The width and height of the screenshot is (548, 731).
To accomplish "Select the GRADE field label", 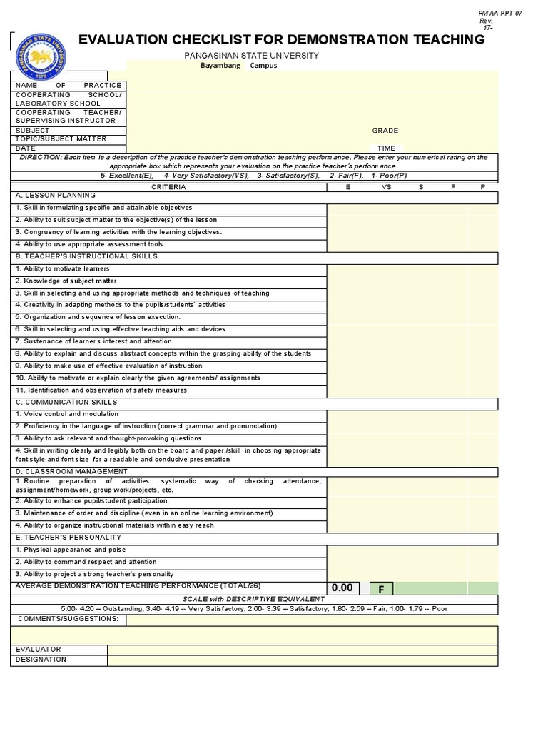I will pos(385,131).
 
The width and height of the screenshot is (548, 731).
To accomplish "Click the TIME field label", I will pos(386,148).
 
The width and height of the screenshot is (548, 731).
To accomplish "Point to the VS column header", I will pos(386,187).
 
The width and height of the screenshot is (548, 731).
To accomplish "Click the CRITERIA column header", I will pos(168,187).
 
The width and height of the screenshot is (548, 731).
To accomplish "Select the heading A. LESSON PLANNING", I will pos(55,195).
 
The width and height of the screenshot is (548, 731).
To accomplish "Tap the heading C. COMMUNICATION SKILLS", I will pos(67,402).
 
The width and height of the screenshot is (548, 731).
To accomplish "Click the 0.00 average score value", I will pos(342,588).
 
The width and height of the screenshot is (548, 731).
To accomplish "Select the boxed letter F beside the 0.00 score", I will pos(381,589).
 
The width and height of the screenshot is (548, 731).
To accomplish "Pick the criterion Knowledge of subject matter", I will pos(66,281).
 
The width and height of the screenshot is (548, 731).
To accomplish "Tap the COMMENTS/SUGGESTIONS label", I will pos(68,618).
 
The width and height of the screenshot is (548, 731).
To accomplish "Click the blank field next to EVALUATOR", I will pos(303,650).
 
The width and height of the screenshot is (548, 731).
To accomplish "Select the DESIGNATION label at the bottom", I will pos(41,660).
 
